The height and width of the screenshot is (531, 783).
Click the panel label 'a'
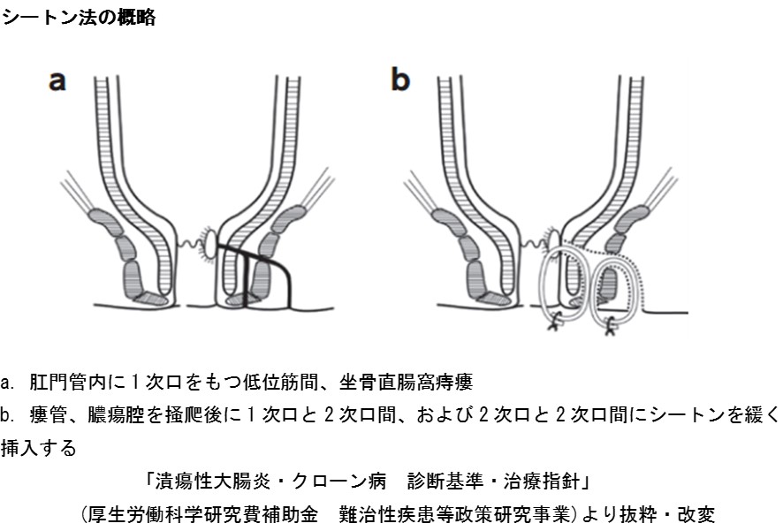pos(57,80)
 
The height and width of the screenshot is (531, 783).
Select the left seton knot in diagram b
pos(554,323)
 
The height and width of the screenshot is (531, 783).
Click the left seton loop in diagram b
pos(554,283)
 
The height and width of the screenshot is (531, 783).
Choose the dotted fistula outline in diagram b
pos(650,283)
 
